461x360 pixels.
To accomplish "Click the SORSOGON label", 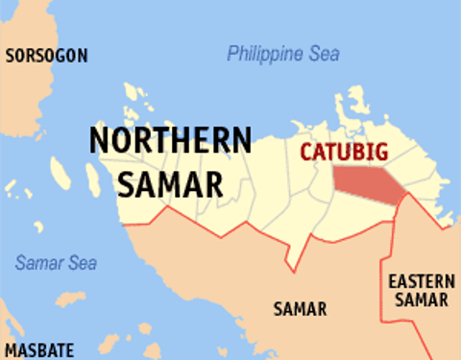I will point(46,57).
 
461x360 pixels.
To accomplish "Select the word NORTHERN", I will point(170,140).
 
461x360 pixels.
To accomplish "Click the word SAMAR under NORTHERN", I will point(170,181).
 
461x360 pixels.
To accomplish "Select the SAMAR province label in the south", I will point(299,309).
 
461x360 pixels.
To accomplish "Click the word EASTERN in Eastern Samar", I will point(421,281).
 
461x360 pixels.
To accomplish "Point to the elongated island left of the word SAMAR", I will point(61,173).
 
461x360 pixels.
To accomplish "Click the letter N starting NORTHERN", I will point(101,140).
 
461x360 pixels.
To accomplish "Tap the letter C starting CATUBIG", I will point(306,151).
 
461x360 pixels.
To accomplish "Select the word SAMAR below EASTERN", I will point(421,300).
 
